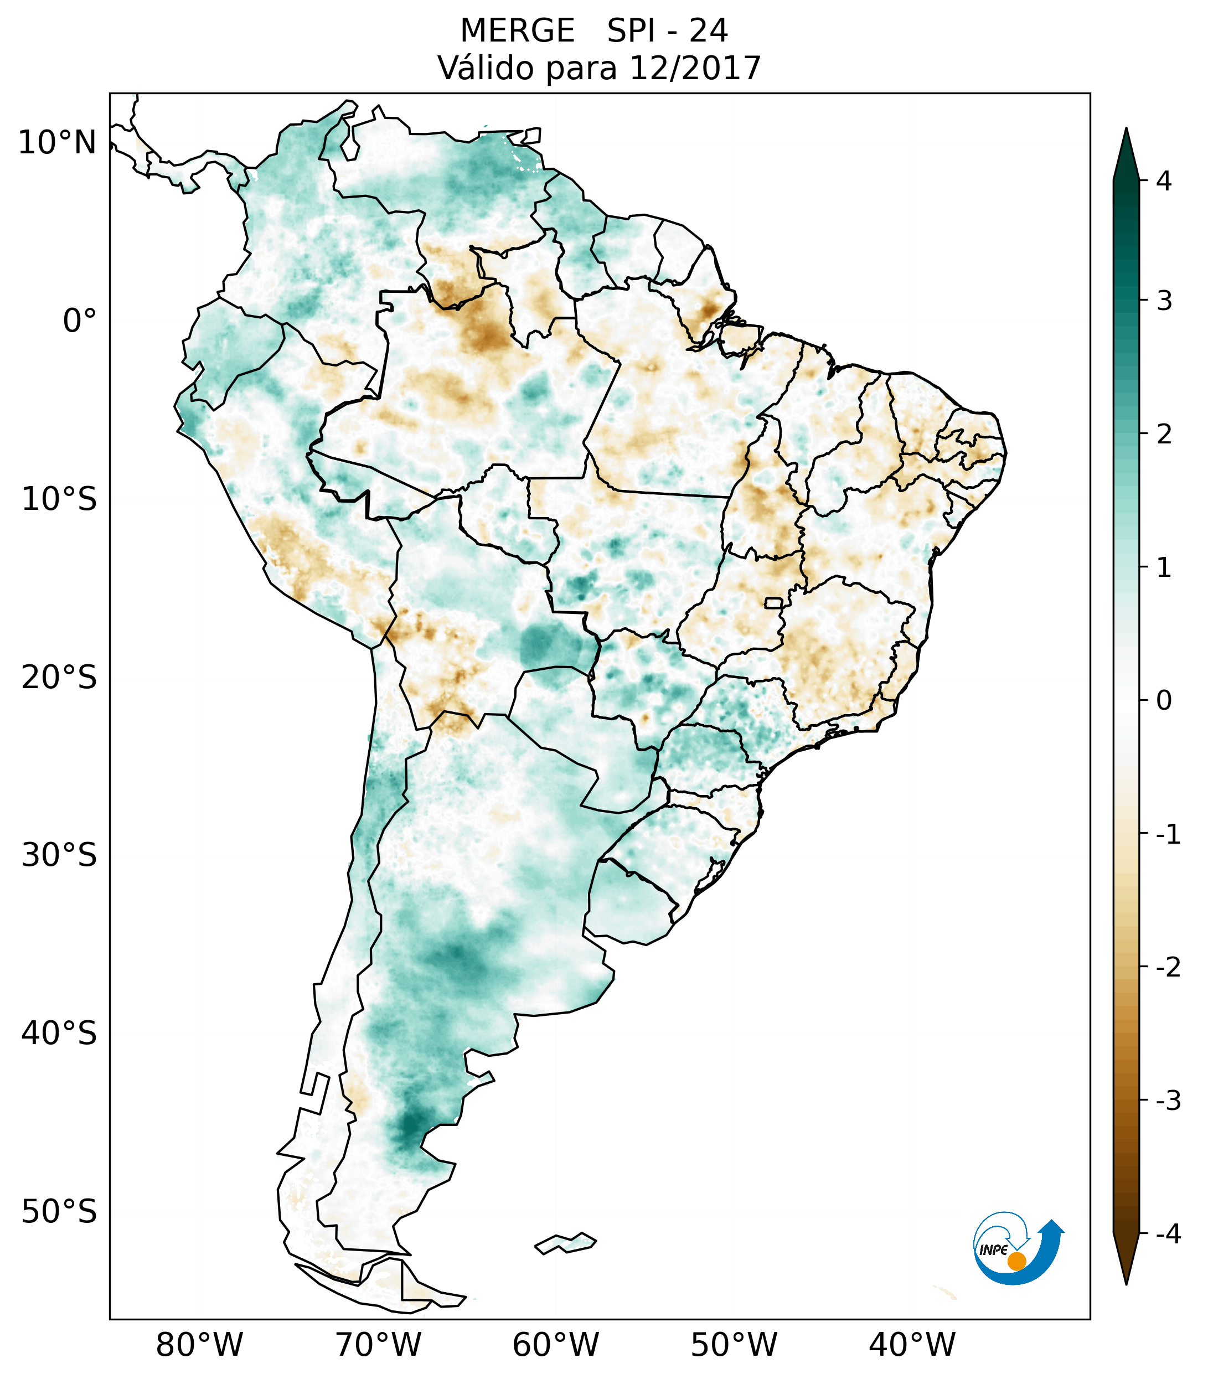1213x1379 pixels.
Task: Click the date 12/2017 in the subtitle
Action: coord(694,68)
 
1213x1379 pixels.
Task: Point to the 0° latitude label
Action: coord(80,321)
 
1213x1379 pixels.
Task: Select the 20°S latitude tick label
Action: coord(59,678)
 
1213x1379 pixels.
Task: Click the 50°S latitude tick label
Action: coord(59,1212)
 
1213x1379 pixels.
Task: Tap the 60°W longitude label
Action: coord(555,1345)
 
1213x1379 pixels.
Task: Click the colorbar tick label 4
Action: coord(1164,181)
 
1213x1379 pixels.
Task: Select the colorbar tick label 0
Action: coord(1164,701)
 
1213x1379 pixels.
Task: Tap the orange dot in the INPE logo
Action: coord(1016,1261)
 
